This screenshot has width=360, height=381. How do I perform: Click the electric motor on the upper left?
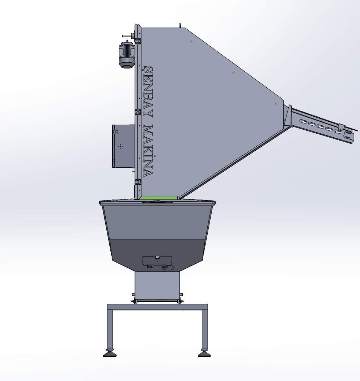click(x=127, y=54)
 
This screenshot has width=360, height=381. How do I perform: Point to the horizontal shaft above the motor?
click(x=127, y=36)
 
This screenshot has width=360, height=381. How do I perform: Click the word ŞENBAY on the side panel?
click(x=148, y=92)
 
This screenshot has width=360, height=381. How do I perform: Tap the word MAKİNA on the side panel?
click(x=148, y=151)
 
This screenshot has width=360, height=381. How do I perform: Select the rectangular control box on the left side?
click(x=123, y=146)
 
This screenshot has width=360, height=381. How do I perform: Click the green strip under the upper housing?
click(x=159, y=198)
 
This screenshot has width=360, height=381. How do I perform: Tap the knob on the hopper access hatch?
click(x=157, y=258)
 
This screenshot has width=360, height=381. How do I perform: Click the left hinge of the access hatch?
click(x=150, y=267)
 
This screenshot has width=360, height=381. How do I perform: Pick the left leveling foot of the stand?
click(x=110, y=353)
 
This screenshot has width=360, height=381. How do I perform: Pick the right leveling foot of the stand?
click(x=204, y=353)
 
